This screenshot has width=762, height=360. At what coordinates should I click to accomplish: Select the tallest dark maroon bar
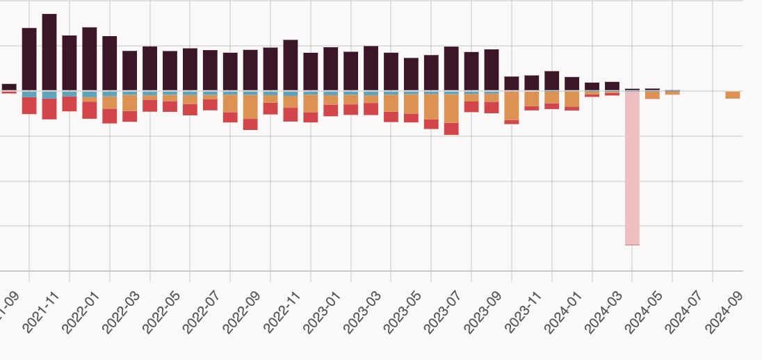click(49, 52)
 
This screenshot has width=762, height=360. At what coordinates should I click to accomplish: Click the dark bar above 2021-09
click(29, 59)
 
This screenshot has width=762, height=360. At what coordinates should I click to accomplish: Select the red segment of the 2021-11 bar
click(70, 104)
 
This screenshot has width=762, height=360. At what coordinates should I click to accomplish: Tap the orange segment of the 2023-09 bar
click(512, 106)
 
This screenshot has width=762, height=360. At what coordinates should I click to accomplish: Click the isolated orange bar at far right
click(733, 95)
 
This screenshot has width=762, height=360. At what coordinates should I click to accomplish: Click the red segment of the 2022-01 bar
click(110, 115)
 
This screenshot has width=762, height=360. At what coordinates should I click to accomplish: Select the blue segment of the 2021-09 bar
click(29, 94)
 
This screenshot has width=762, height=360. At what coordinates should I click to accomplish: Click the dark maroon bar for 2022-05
click(190, 69)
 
